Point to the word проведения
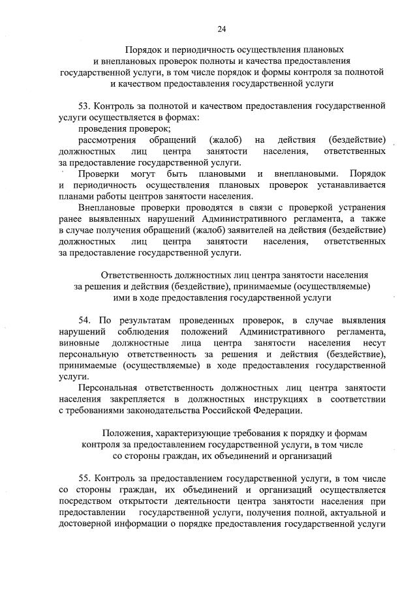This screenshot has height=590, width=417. (x=101, y=128)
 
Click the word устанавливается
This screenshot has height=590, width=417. (x=350, y=185)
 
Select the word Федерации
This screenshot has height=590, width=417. (x=280, y=410)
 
